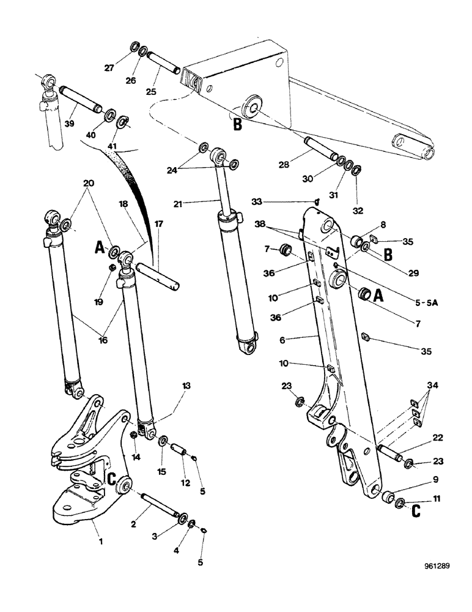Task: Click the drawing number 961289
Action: [x=435, y=566]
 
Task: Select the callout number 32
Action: [x=357, y=211]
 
